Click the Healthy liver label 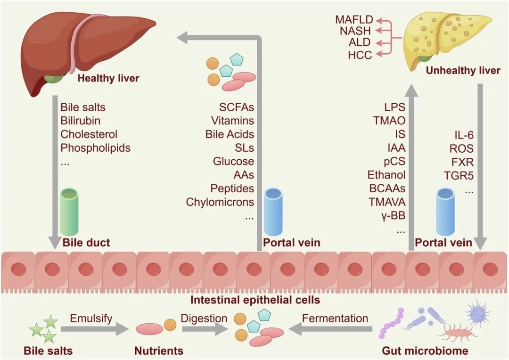point(108,78)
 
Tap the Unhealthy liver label point(462,71)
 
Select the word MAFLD point(354,19)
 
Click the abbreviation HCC point(360,55)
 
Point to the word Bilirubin point(81,121)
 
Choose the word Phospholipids point(96,147)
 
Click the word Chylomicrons point(220,202)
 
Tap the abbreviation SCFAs point(237,107)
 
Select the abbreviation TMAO point(389,121)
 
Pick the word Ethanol point(386,175)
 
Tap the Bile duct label point(86,243)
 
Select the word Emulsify point(91,319)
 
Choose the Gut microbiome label point(425,351)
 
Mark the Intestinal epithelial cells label point(255,300)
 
